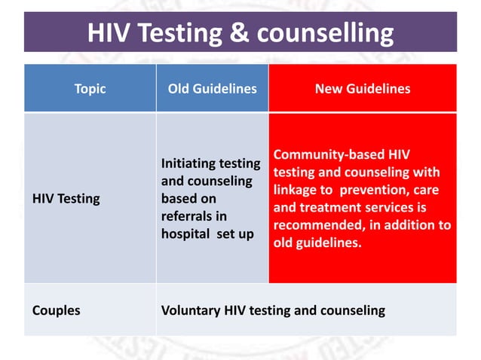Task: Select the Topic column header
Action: [90, 89]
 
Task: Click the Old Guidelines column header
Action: [212, 89]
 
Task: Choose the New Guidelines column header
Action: [363, 89]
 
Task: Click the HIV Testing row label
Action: [66, 199]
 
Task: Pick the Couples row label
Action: [57, 310]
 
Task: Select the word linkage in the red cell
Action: [294, 190]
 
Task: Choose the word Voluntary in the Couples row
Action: [190, 310]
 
